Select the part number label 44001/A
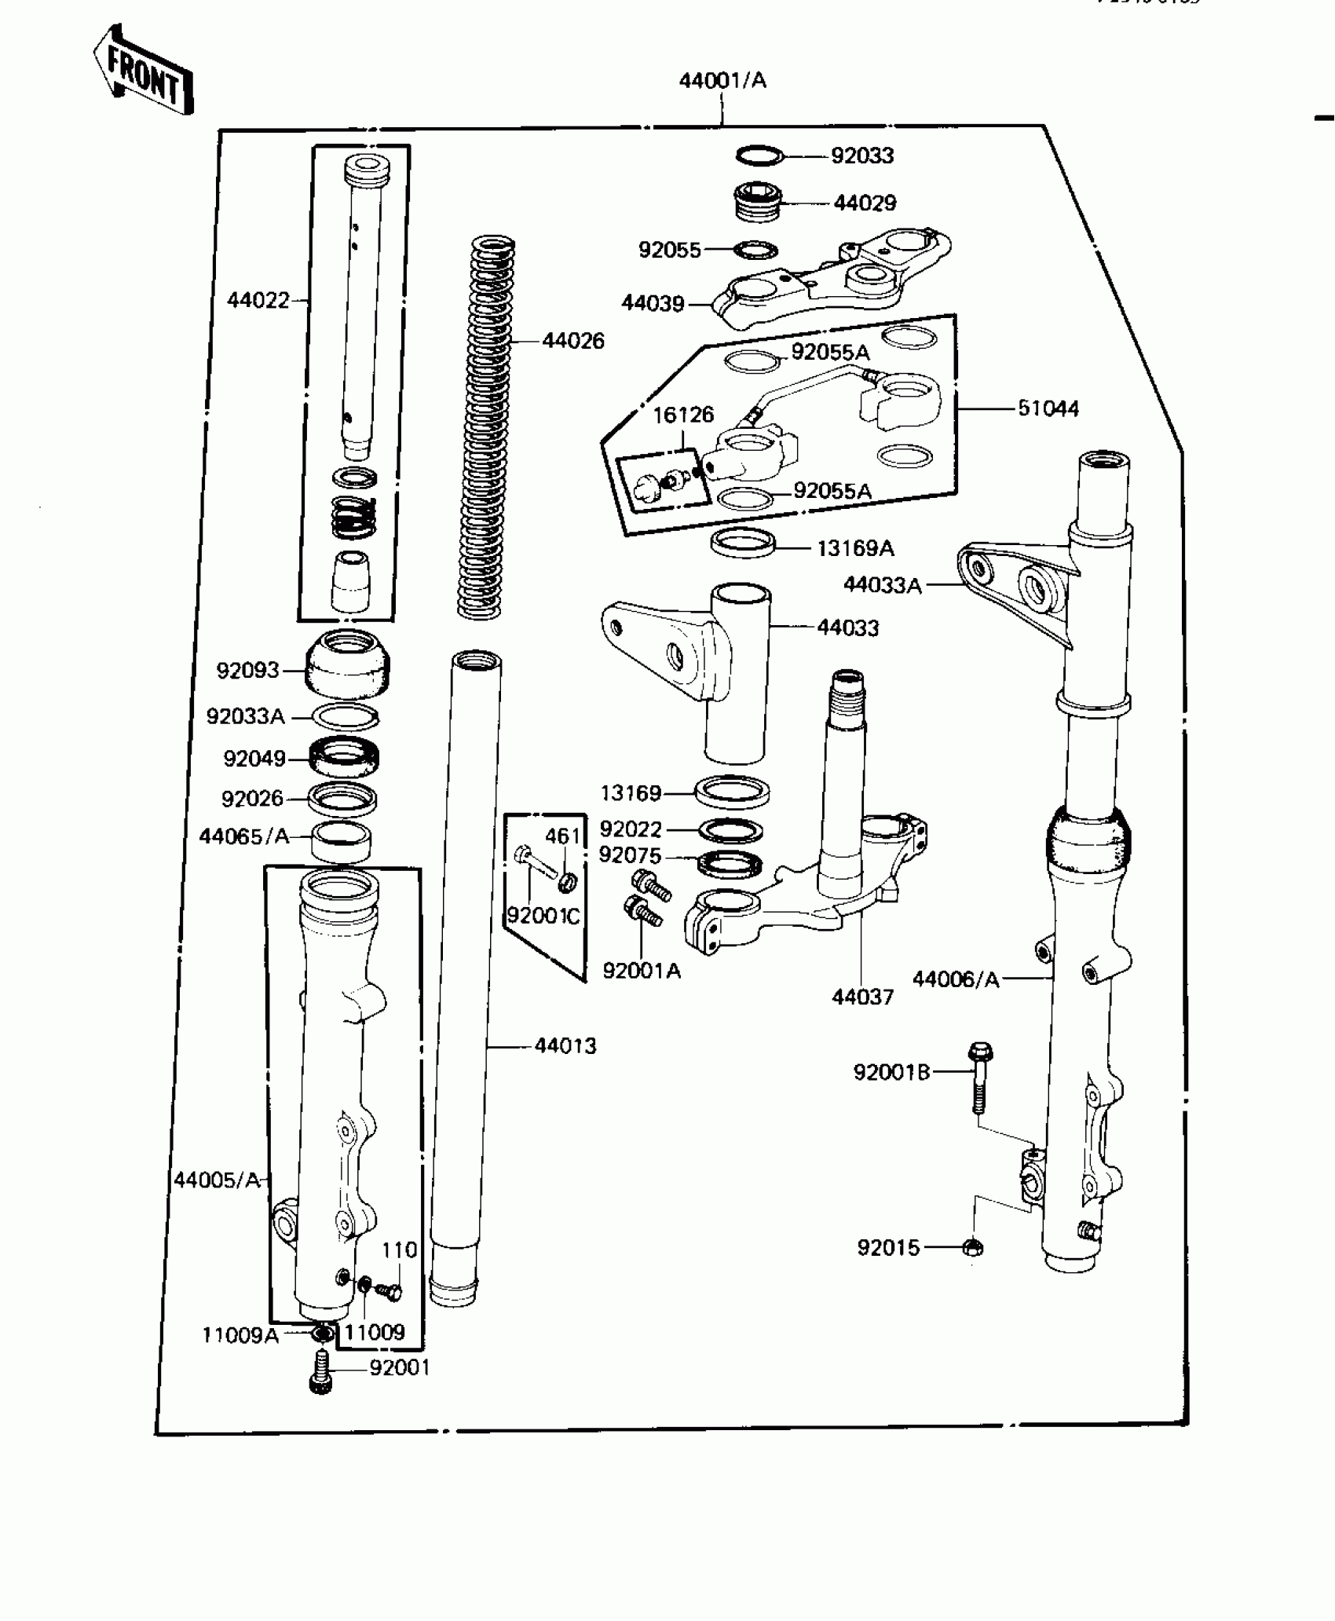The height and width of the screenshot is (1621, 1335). pos(722,80)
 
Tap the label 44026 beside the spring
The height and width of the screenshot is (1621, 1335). pos(573,341)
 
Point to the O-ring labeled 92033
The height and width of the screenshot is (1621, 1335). pos(759,156)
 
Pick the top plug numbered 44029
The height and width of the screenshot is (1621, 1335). pos(757,202)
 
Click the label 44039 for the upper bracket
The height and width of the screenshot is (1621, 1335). pos(653,303)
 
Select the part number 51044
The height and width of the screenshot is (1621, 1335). pos(1048,408)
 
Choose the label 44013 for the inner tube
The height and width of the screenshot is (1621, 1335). pos(565,1046)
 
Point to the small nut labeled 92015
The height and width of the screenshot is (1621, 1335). pos(972,1247)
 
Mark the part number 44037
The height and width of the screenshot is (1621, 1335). pos(862,997)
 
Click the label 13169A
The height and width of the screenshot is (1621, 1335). pos(855,548)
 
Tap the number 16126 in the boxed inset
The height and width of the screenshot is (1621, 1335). pos(683,415)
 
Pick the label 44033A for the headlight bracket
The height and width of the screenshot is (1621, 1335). pos(882,585)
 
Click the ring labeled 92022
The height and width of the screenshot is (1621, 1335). pos(730,829)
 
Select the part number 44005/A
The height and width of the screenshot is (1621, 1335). pos(217,1180)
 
